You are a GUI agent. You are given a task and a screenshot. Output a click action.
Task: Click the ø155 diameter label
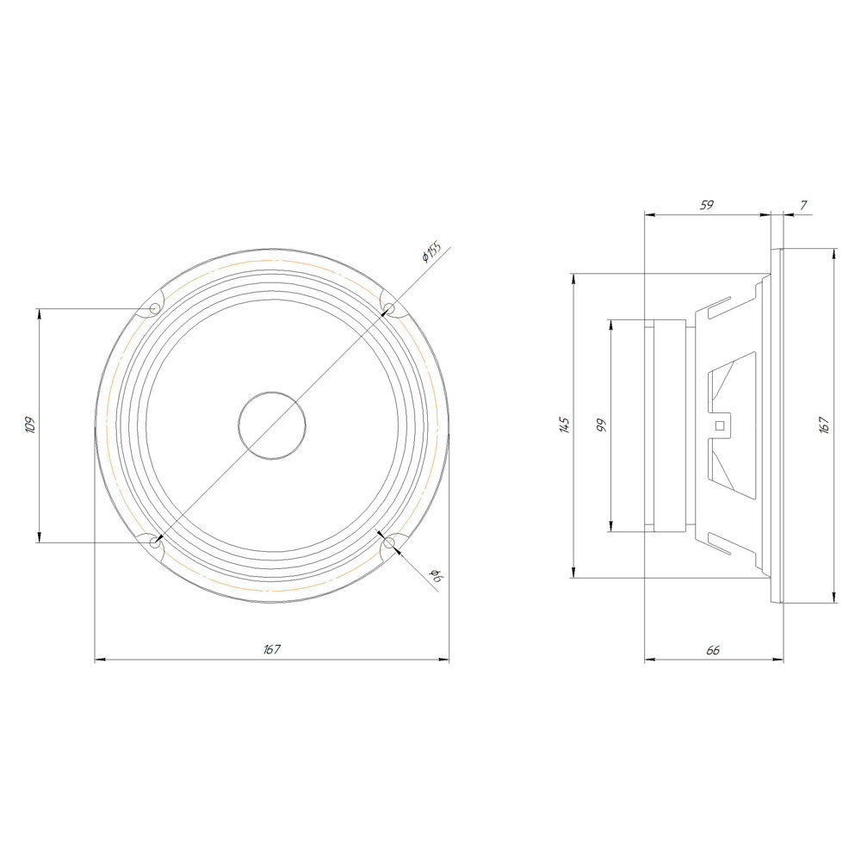pos(431,251)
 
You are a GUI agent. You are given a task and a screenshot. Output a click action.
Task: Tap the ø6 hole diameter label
pos(437,575)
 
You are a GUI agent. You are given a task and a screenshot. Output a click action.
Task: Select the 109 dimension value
pos(30,425)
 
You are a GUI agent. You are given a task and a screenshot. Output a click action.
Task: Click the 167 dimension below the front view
pos(272,649)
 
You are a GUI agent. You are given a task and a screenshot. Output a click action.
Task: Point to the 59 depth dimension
pos(707,205)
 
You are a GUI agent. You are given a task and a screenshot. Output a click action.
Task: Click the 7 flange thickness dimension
pos(803,205)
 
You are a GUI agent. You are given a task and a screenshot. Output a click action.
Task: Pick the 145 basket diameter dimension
pos(565,425)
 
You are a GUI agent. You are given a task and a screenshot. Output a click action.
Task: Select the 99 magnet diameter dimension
pos(602,425)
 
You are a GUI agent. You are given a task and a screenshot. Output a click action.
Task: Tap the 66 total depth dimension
pos(713,650)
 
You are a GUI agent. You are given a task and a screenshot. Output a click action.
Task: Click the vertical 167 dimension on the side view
pos(824,425)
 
